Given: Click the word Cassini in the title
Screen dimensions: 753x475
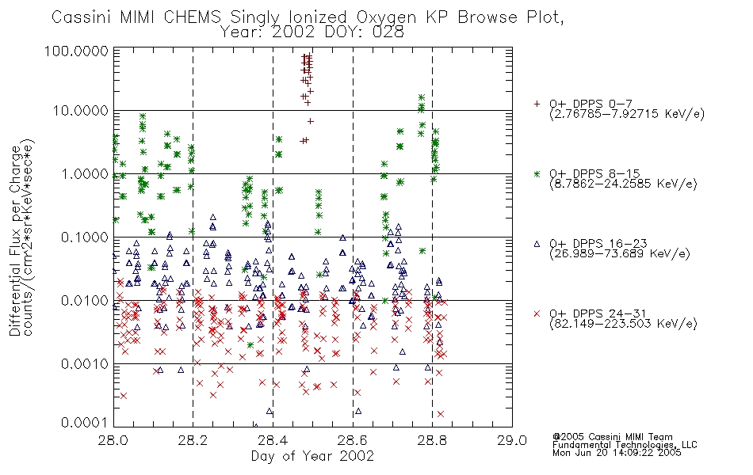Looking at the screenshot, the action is pyautogui.click(x=81, y=17).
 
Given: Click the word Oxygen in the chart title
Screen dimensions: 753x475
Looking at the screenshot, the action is pyautogui.click(x=386, y=18).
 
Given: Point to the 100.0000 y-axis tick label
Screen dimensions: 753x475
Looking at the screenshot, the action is pyautogui.click(x=76, y=51).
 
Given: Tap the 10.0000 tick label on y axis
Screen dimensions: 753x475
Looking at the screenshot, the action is pyautogui.click(x=81, y=112).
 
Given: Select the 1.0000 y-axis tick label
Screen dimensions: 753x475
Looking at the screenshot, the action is pyautogui.click(x=85, y=174).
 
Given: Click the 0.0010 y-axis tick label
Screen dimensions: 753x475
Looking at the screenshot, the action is pyautogui.click(x=85, y=364).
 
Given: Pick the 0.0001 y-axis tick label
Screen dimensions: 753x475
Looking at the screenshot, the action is pyautogui.click(x=85, y=423).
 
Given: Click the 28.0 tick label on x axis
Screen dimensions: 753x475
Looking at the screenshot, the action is pyautogui.click(x=113, y=440).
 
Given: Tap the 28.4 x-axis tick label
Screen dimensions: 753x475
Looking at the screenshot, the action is pyautogui.click(x=273, y=440).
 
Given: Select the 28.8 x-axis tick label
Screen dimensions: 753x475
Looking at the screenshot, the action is pyautogui.click(x=432, y=440).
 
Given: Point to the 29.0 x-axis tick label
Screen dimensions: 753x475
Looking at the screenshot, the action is pyautogui.click(x=512, y=440).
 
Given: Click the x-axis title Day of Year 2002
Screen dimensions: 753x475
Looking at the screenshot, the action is pyautogui.click(x=312, y=456).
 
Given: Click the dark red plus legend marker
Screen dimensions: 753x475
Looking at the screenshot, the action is pyautogui.click(x=537, y=104).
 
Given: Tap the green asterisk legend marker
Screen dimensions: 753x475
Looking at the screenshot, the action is pyautogui.click(x=537, y=174).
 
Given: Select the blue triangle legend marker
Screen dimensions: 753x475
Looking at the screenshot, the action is pyautogui.click(x=537, y=244).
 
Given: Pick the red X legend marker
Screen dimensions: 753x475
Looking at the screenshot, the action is pyautogui.click(x=537, y=313).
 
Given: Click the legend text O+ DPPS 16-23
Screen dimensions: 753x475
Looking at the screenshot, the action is pyautogui.click(x=598, y=244).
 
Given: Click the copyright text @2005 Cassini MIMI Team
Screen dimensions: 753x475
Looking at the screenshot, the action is pyautogui.click(x=613, y=437).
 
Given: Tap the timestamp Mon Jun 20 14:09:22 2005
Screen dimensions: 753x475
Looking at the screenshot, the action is pyautogui.click(x=617, y=453).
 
